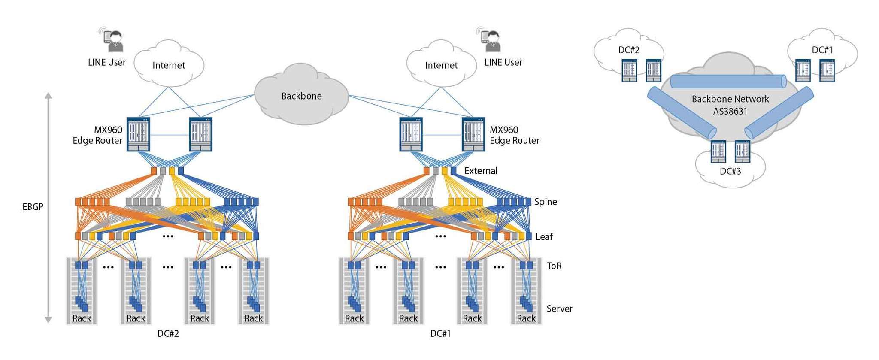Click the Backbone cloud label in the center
coord(301,96)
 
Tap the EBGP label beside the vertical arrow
coord(33,207)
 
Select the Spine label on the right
coord(546,202)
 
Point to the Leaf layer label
coord(544,237)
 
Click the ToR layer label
coord(554,266)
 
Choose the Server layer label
coord(559,309)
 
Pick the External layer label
coord(481,171)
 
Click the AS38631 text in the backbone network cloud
coord(730,112)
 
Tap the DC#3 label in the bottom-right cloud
coord(730,171)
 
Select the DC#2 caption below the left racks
coord(168,334)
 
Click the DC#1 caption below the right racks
coord(440,334)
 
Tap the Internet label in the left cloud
coord(169,65)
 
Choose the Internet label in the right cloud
coord(441,65)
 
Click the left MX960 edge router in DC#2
coord(138,134)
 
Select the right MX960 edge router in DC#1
coord(473,134)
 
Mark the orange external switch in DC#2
coord(154,171)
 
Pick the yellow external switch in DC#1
coord(445,171)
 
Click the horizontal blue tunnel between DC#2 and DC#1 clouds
coord(728,82)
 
